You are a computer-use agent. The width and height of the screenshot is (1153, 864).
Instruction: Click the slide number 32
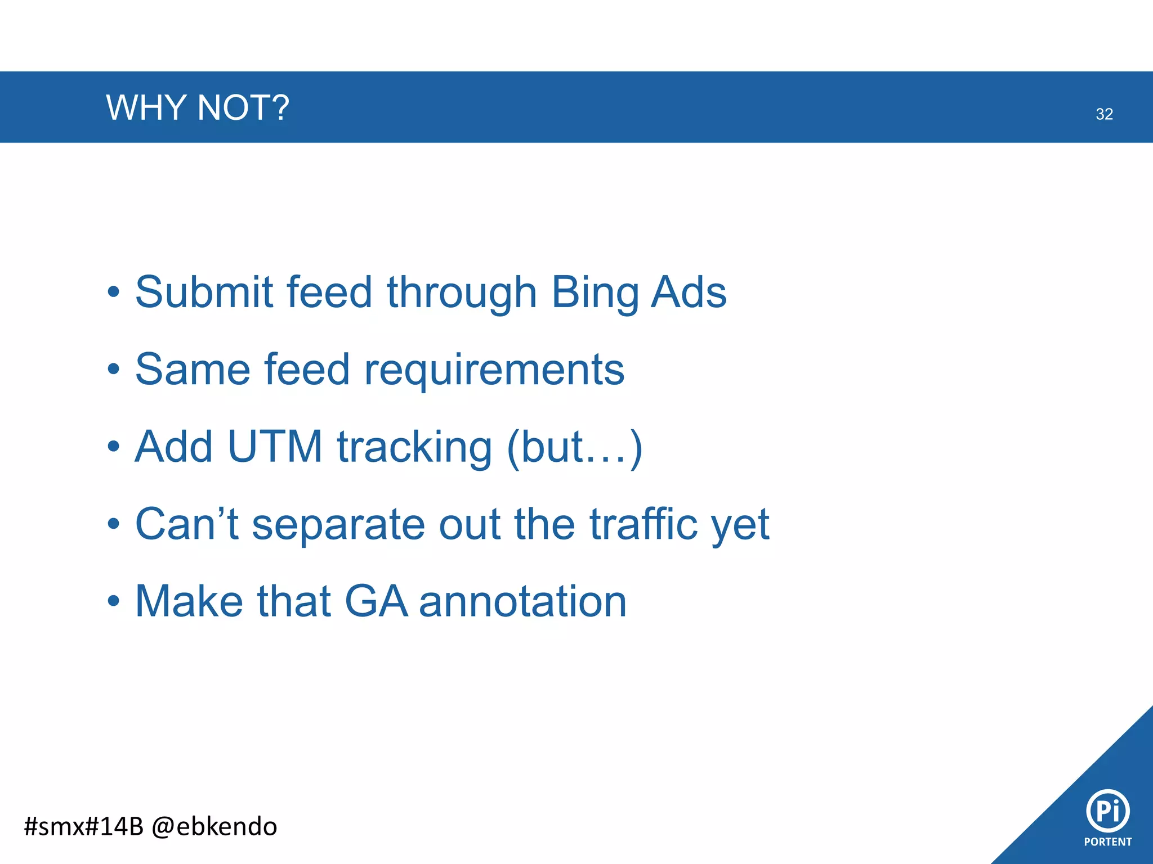click(x=1104, y=114)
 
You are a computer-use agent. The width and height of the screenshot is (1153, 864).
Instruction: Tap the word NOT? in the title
click(x=243, y=107)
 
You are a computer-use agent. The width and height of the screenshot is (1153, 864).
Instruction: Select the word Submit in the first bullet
click(x=204, y=292)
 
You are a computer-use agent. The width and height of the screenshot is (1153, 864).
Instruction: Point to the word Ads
click(x=689, y=292)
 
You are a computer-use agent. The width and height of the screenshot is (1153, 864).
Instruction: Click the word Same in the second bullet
click(x=193, y=370)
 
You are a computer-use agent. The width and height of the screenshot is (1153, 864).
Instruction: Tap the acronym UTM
click(x=275, y=447)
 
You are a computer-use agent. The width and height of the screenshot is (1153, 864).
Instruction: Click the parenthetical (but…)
click(x=574, y=448)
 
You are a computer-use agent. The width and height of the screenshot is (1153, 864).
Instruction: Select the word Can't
click(x=186, y=524)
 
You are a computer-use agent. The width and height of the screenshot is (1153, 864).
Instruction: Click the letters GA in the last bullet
click(x=376, y=601)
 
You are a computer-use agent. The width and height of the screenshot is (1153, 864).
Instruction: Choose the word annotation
click(x=522, y=601)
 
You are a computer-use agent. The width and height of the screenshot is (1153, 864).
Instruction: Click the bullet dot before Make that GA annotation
click(x=114, y=601)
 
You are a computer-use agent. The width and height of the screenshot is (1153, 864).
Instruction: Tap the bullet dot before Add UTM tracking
click(x=114, y=447)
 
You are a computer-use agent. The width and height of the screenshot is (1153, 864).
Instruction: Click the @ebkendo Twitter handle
click(x=214, y=826)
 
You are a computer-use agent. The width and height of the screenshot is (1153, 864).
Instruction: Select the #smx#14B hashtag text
click(x=84, y=826)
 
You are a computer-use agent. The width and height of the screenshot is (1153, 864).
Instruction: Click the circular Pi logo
click(x=1107, y=811)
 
